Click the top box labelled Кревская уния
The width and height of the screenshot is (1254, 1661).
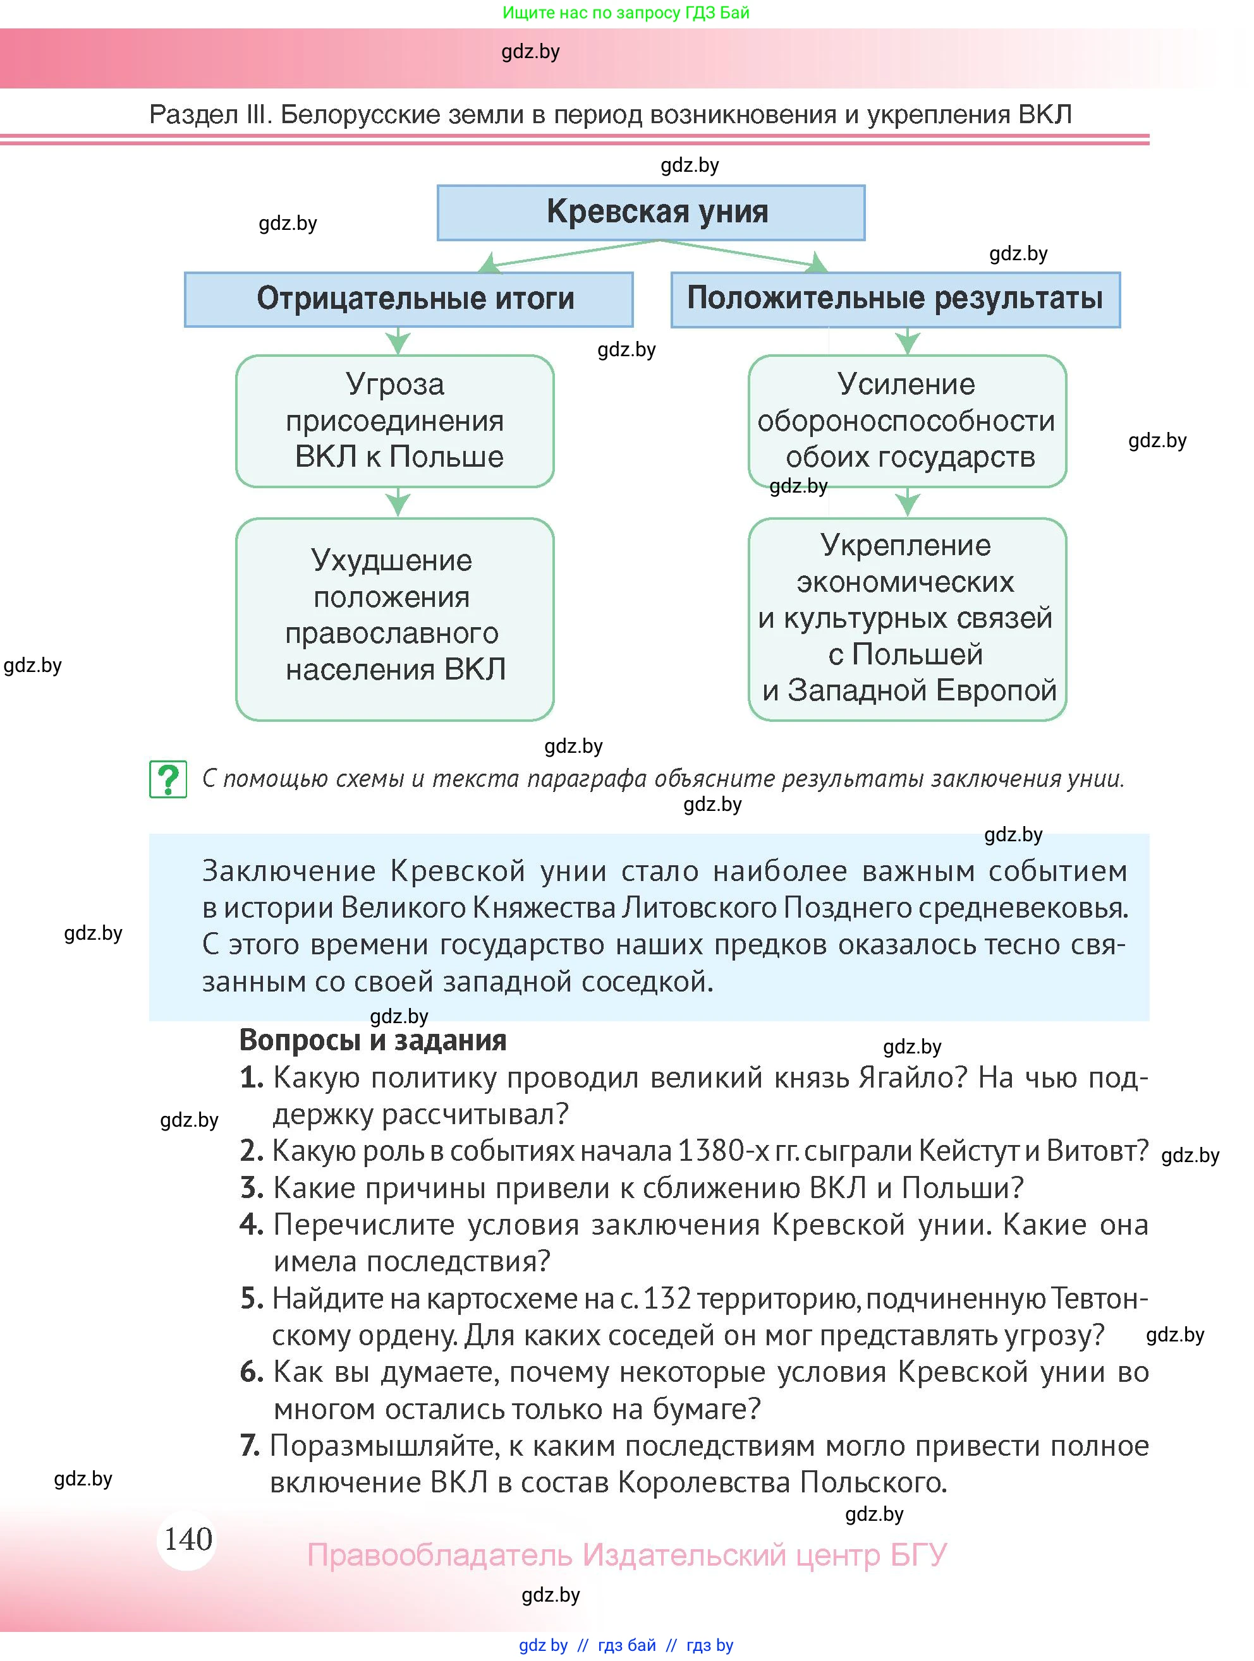point(650,212)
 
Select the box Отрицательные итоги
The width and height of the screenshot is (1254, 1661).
point(409,299)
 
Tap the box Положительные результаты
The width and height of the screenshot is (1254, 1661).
point(895,299)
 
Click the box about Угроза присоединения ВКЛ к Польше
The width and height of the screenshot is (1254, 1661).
point(395,421)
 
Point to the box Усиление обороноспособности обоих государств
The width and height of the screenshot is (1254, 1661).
point(907,421)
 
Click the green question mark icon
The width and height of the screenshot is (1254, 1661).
point(168,779)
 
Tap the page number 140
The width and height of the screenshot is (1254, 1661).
point(188,1538)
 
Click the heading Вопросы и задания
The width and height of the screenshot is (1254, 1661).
point(373,1041)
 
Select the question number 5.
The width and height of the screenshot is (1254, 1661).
point(252,1299)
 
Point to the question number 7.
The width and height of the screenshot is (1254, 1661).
point(250,1446)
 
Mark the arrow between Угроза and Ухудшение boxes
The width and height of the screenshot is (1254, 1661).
point(398,502)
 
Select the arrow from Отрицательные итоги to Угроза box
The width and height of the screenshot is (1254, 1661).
point(398,341)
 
